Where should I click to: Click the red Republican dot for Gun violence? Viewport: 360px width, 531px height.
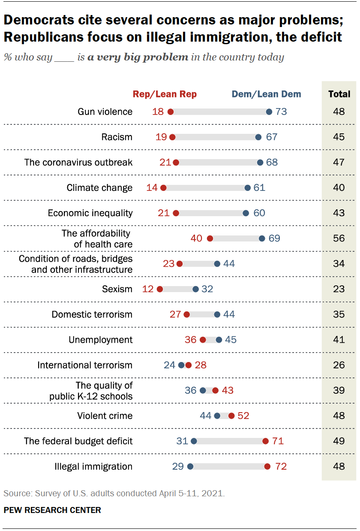[x=170, y=112]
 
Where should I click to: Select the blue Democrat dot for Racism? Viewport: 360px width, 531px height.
[x=258, y=137]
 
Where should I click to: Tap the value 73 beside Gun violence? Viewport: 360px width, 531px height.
[x=281, y=112]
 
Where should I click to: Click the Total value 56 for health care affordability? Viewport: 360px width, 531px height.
[x=339, y=238]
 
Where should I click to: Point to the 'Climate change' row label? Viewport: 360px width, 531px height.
[x=99, y=188]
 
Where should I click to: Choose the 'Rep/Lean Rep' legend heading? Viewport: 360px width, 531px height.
[x=165, y=94]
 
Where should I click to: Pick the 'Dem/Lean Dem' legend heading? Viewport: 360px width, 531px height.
[x=266, y=94]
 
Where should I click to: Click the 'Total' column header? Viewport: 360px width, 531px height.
[x=339, y=94]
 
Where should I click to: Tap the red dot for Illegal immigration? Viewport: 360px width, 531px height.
[x=267, y=467]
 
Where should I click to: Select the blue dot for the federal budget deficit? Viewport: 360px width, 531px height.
[x=194, y=441]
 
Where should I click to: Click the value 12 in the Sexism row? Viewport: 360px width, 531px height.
[x=148, y=289]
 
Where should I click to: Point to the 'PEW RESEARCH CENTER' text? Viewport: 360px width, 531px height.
[x=52, y=510]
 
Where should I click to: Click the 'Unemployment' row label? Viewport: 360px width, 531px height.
[x=101, y=340]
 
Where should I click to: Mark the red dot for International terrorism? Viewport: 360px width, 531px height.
[x=189, y=365]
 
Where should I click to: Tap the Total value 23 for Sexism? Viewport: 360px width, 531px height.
[x=339, y=289]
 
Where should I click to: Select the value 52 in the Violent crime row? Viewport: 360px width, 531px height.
[x=243, y=416]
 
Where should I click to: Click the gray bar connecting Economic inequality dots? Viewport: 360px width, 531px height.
[x=210, y=213]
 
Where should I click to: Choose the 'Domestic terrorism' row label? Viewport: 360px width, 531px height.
[x=92, y=314]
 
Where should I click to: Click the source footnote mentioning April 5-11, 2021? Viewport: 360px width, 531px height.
[x=114, y=494]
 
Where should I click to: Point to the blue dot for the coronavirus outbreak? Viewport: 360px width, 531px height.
[x=260, y=163]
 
